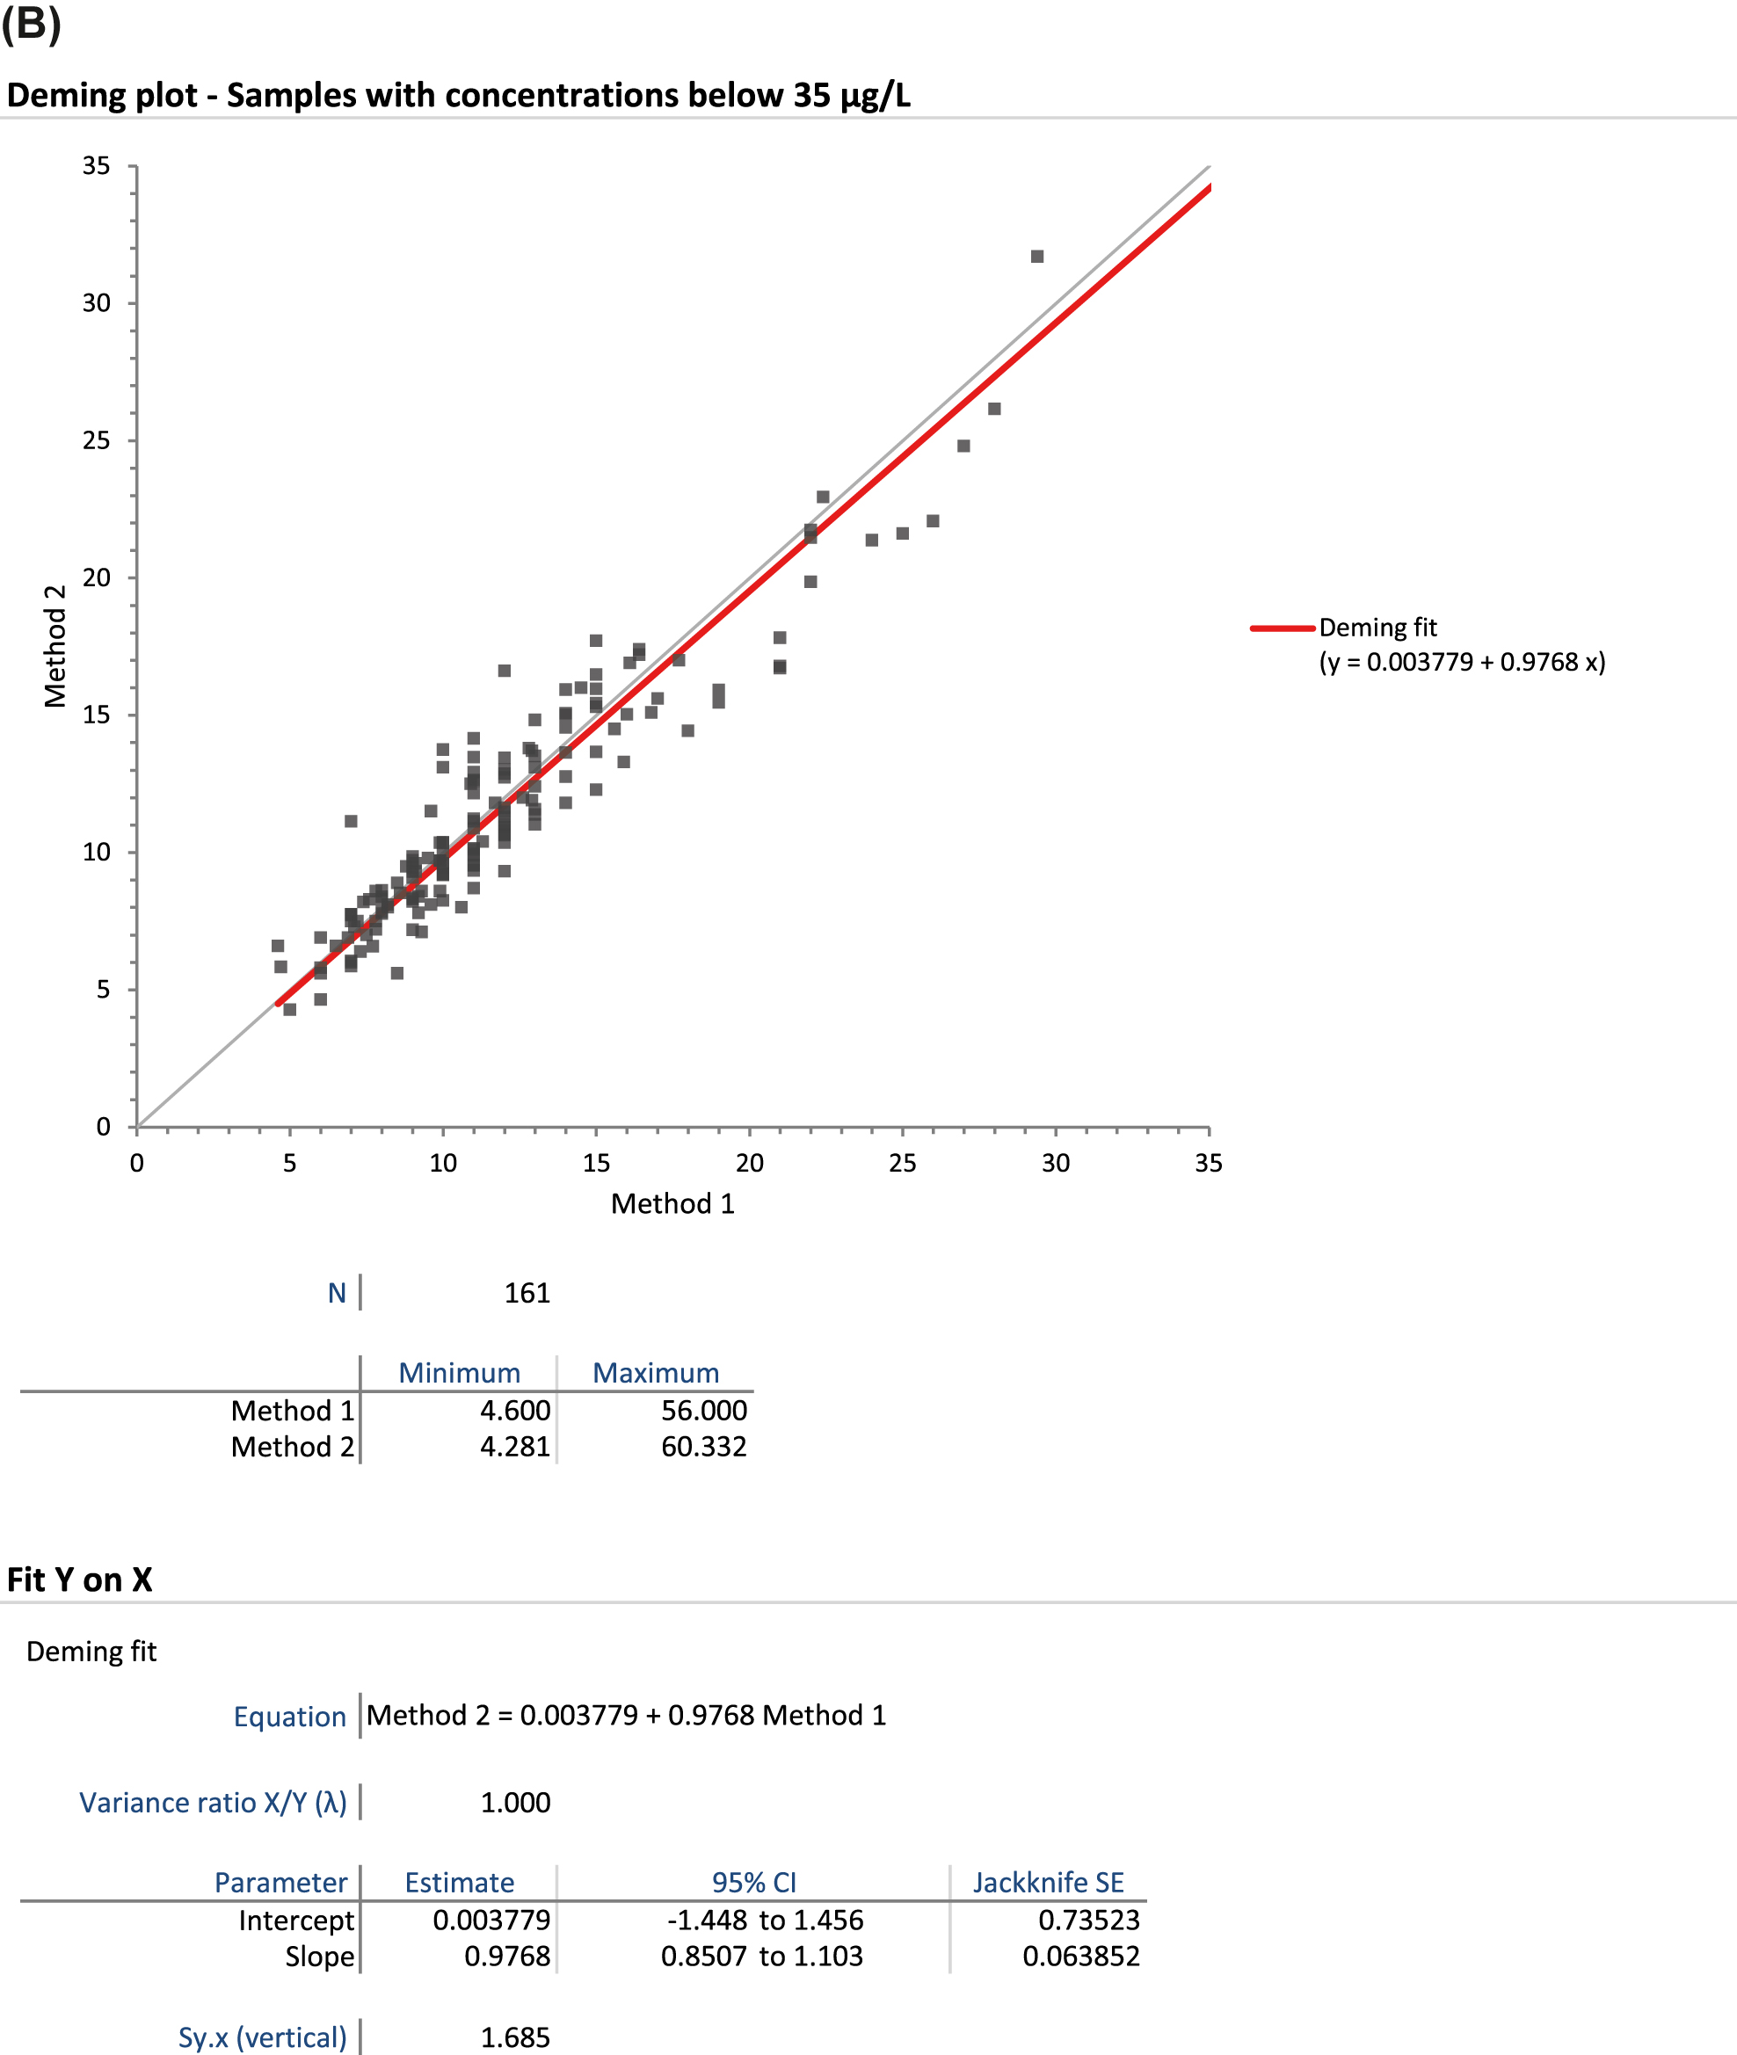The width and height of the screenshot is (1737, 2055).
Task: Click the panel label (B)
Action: pyautogui.click(x=31, y=24)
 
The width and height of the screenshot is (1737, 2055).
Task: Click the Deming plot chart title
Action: pyautogui.click(x=458, y=96)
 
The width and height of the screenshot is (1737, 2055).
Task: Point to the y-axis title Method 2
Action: pyautogui.click(x=55, y=646)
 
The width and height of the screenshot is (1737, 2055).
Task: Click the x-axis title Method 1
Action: pyautogui.click(x=672, y=1203)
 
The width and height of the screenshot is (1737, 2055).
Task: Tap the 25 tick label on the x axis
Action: pyautogui.click(x=902, y=1163)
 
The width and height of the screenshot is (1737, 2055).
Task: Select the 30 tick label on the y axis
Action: pyautogui.click(x=97, y=303)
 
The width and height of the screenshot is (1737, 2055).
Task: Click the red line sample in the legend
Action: pyautogui.click(x=1282, y=628)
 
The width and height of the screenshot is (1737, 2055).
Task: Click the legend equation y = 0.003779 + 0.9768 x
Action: pyautogui.click(x=1462, y=662)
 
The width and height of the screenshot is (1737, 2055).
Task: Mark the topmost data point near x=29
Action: pyautogui.click(x=1037, y=256)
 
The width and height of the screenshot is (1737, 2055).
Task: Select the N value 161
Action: pyautogui.click(x=527, y=1293)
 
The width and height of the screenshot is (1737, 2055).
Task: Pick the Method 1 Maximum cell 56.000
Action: pyautogui.click(x=703, y=1410)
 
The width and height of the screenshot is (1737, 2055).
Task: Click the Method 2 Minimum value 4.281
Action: pyautogui.click(x=515, y=1447)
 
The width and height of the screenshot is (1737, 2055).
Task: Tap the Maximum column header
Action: pyautogui.click(x=656, y=1373)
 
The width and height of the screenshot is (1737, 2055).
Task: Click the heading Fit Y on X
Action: pyautogui.click(x=80, y=1579)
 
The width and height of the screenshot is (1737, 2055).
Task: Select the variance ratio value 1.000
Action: pyautogui.click(x=515, y=1802)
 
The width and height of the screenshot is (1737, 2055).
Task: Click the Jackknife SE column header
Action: pyautogui.click(x=1048, y=1882)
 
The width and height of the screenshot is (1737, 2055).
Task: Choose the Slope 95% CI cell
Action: pyautogui.click(x=761, y=1956)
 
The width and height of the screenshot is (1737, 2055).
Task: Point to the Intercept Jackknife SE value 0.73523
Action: pyautogui.click(x=1088, y=1919)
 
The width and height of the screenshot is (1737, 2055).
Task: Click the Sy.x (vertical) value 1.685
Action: pyautogui.click(x=515, y=2037)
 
